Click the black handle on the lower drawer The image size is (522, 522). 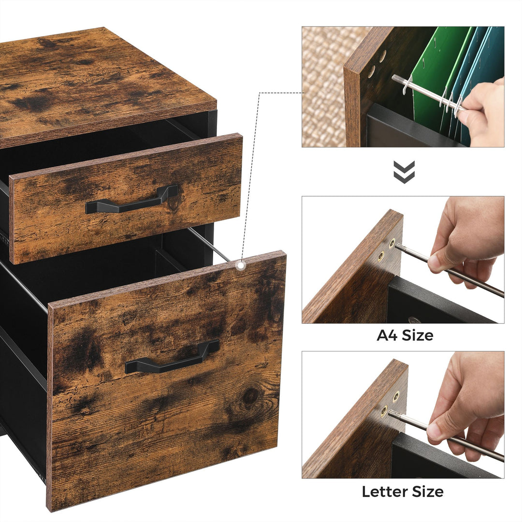pyautogui.click(x=172, y=358)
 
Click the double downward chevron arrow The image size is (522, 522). pyautogui.click(x=404, y=172)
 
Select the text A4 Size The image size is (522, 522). pyautogui.click(x=405, y=335)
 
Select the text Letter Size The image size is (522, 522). pyautogui.click(x=403, y=492)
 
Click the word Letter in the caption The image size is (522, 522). pyautogui.click(x=384, y=492)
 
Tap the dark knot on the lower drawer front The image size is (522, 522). pyautogui.click(x=250, y=397)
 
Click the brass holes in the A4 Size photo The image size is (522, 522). pyautogui.click(x=386, y=249)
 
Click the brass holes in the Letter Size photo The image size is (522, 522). pyautogui.click(x=390, y=404)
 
